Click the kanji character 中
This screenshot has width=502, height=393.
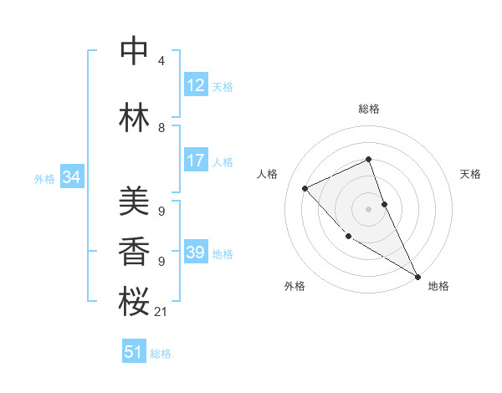click(134, 52)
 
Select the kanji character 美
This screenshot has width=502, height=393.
click(134, 203)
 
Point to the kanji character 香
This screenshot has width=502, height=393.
click(134, 252)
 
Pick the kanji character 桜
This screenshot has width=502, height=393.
click(134, 302)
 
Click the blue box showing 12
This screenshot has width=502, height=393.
click(196, 85)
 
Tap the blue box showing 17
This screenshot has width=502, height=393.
click(196, 161)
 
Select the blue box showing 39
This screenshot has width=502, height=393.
click(196, 253)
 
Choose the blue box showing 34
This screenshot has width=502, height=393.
click(71, 177)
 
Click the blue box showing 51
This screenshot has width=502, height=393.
click(134, 352)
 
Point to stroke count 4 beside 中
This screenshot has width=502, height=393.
click(161, 61)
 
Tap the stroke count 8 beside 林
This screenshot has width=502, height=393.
click(161, 128)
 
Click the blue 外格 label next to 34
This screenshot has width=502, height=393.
click(44, 178)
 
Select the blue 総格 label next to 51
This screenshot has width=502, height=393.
click(161, 354)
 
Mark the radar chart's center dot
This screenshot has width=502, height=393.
click(368, 208)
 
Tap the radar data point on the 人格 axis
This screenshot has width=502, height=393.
click(305, 188)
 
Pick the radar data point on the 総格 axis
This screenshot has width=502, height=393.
click(368, 160)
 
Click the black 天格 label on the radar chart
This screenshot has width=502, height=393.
click(470, 174)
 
